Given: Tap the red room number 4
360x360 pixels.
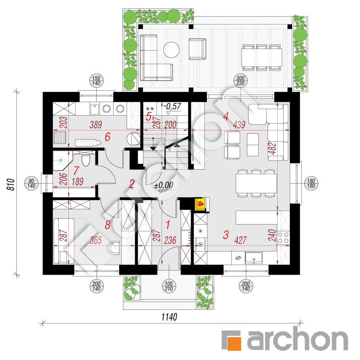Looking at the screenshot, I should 226,115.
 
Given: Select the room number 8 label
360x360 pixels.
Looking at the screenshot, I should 107,225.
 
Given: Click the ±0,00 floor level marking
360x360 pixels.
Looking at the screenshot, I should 164,184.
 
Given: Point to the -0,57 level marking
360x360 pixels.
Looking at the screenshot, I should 173,106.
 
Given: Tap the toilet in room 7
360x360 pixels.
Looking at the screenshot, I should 86,160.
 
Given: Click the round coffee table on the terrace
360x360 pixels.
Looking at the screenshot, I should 172,49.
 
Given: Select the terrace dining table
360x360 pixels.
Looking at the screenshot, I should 262,56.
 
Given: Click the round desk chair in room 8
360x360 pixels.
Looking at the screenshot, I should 114,247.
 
